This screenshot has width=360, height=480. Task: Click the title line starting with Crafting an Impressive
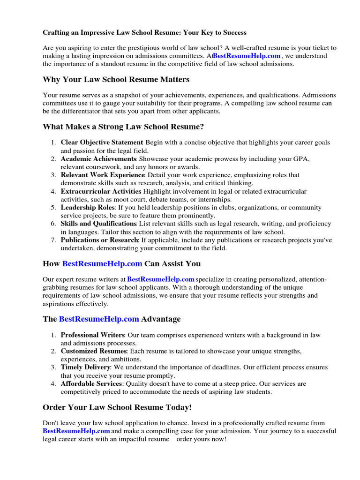click(144, 33)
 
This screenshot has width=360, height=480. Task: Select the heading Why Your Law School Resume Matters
click(116, 79)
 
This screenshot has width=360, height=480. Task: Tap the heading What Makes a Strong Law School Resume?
click(123, 127)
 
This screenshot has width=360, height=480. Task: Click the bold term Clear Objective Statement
click(101, 142)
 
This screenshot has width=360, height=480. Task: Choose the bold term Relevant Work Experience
click(101, 175)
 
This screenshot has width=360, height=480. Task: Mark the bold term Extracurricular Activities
click(101, 191)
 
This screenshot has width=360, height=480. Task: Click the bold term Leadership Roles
click(87, 207)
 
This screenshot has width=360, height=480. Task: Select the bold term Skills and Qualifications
click(98, 224)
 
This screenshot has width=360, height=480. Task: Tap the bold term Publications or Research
click(99, 240)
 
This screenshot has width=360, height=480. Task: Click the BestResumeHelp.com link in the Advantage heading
click(99, 319)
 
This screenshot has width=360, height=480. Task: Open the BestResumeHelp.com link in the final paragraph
click(76, 431)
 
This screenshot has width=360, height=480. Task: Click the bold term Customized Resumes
click(93, 351)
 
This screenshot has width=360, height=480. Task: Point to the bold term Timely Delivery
click(85, 367)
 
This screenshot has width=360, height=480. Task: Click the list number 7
click(53, 240)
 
